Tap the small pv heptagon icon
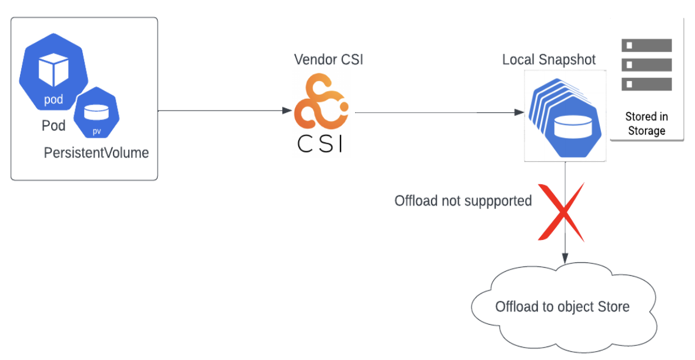click(96, 113)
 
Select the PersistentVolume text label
click(96, 153)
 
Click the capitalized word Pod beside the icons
click(54, 126)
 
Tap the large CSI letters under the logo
click(320, 143)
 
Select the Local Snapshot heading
click(549, 59)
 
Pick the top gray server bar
click(646, 45)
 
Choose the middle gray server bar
click(646, 65)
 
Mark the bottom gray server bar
click(646, 84)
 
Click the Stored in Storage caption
click(646, 124)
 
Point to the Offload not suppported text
click(463, 201)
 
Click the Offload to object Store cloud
click(562, 306)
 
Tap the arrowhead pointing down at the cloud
click(565, 258)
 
